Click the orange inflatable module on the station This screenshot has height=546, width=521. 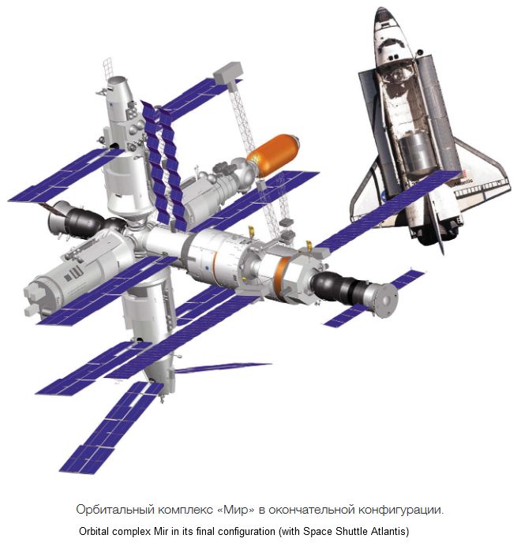tap(273, 155)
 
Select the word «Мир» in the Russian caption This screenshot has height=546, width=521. tap(235, 510)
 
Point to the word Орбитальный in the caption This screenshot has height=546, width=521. tap(115, 510)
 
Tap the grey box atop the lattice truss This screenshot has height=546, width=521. tap(228, 73)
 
